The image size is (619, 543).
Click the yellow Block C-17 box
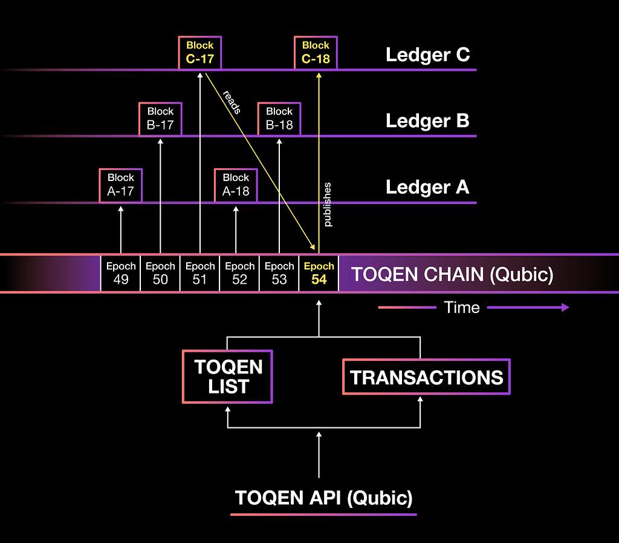pos(199,52)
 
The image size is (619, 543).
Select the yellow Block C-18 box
pos(316,52)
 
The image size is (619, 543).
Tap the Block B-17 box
pos(160,118)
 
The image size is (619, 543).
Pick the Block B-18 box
pos(279,118)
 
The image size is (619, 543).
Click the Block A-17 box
pos(121,185)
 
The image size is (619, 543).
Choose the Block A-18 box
pos(236,185)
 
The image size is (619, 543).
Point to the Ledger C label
pos(427,55)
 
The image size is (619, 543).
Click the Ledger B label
pos(427,121)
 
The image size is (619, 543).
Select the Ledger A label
pos(427,187)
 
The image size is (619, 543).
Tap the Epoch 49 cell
pos(121,273)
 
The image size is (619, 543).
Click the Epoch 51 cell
pos(200,273)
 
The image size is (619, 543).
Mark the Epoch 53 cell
pos(279,273)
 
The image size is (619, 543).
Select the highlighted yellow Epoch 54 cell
pos(319,273)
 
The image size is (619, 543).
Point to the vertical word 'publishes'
pos(328,205)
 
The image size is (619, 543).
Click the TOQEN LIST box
pos(228,377)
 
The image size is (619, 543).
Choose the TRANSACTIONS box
pos(427,377)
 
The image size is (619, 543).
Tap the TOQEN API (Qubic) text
pos(323,498)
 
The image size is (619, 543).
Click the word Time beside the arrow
pos(462,308)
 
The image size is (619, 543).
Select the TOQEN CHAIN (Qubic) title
pos(452,274)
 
